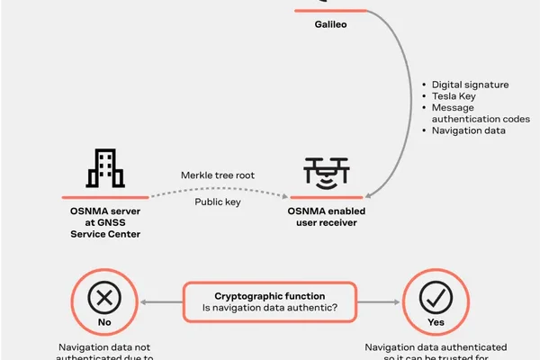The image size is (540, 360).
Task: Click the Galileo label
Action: click(329, 25)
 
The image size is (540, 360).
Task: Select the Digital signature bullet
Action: click(470, 85)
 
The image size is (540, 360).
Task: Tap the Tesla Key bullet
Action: click(456, 96)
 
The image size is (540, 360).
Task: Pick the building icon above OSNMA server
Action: click(104, 169)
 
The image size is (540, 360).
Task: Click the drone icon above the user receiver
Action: click(326, 171)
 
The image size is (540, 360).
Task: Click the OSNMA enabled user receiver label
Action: click(326, 217)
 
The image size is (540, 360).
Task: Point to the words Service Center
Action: click(105, 234)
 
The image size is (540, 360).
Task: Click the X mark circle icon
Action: click(105, 298)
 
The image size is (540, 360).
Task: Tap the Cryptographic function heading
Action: click(270, 295)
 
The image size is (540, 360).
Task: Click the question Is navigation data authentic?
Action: click(270, 309)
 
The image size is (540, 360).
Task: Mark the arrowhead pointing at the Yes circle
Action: click(394, 301)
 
